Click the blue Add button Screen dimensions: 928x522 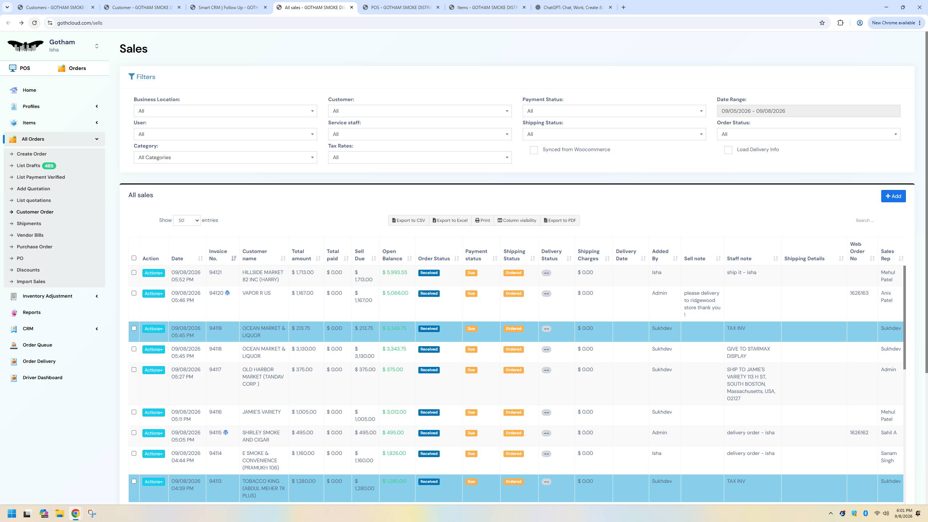pos(893,196)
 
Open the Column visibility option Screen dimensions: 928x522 pos(517,220)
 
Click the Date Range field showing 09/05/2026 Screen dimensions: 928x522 pos(808,111)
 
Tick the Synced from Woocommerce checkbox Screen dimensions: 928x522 pos(534,150)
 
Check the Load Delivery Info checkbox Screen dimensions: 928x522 pos(728,150)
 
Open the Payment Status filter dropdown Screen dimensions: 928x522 pos(614,111)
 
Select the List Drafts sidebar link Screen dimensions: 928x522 pos(28,166)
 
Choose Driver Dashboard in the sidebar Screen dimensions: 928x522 pos(42,377)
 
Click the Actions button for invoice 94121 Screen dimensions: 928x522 pos(153,273)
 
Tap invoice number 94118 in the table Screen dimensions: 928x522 pos(215,349)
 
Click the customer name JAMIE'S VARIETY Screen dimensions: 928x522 pos(261,412)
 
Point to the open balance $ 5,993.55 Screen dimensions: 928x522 pos(395,272)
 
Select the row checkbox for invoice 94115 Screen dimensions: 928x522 pos(134,433)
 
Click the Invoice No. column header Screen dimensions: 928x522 pos(218,255)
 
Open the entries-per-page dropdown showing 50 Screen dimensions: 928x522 pos(187,220)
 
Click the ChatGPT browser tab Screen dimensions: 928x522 pos(573,7)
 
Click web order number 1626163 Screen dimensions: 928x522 pos(859,293)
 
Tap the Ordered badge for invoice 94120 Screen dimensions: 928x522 pos(513,294)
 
